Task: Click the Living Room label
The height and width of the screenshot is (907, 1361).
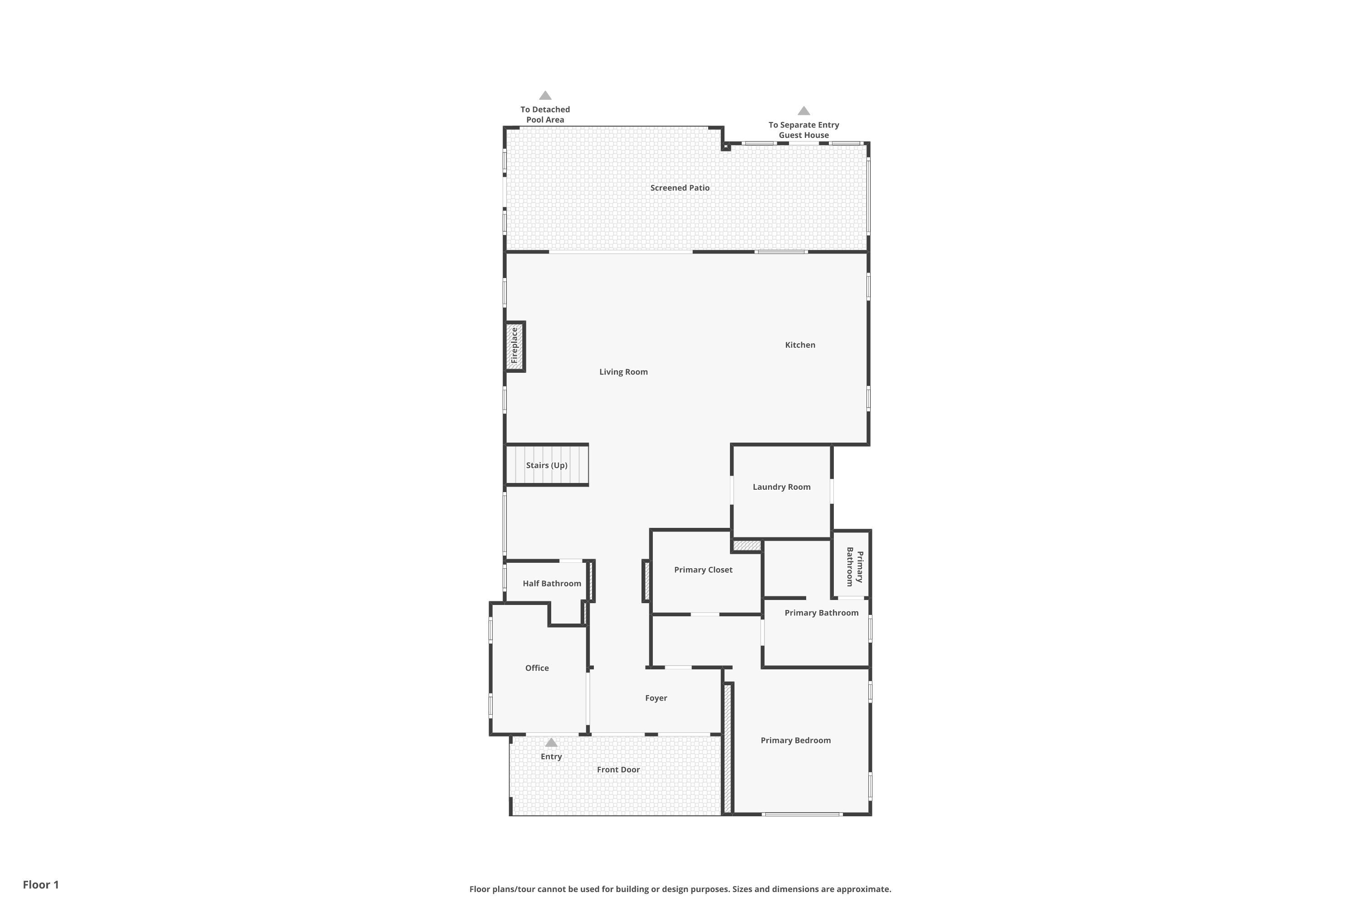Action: [x=623, y=372]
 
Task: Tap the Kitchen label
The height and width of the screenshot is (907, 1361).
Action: [x=800, y=345]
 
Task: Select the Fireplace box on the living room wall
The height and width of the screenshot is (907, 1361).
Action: [x=514, y=346]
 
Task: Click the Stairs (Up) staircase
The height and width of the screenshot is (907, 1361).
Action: [x=547, y=465]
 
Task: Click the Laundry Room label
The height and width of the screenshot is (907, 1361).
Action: [x=781, y=487]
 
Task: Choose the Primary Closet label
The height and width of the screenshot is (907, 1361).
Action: [x=703, y=570]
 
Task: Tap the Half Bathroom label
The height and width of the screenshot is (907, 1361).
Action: [x=552, y=584]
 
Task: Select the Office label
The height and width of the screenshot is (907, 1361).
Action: [x=536, y=668]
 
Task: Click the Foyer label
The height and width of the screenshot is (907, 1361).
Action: [x=656, y=698]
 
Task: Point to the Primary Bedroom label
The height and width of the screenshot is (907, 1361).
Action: [x=795, y=741]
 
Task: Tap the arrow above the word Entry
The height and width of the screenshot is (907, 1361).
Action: [x=551, y=743]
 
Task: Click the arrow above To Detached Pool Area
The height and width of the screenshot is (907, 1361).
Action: [x=545, y=95]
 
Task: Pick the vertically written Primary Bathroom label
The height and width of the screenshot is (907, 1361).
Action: [x=854, y=567]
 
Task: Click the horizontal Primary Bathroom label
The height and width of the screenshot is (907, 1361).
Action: [x=821, y=613]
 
